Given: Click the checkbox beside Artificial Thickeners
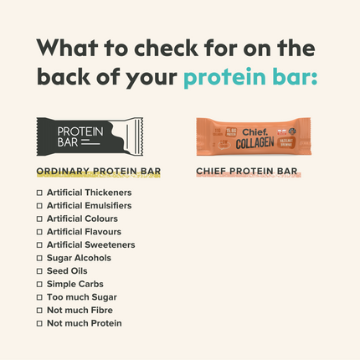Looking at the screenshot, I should (x=39, y=193).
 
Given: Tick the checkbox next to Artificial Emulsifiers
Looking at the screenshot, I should (x=39, y=205).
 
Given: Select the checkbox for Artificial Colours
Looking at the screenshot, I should (x=39, y=219).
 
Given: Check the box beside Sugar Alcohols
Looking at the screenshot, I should (x=39, y=258).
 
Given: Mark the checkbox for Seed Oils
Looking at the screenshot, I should (x=39, y=271).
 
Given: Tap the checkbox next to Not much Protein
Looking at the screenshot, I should (x=39, y=323).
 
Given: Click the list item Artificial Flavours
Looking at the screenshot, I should (x=84, y=232).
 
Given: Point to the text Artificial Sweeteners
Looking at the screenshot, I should (x=90, y=244).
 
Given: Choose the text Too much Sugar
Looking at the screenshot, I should (x=81, y=297).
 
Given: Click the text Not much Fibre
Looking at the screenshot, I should (x=80, y=310).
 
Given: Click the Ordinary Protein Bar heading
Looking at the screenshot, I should (x=99, y=172).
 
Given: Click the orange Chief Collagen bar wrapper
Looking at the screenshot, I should (x=253, y=136).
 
